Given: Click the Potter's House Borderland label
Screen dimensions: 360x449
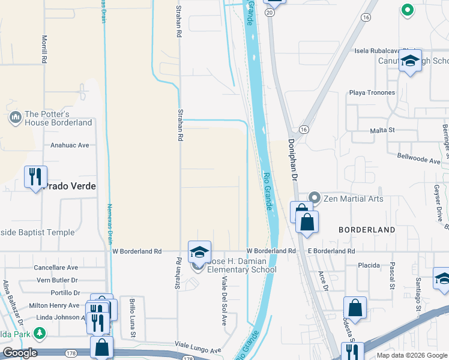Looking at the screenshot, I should (x=58, y=118).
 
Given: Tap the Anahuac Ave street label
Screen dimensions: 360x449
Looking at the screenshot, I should (x=70, y=145).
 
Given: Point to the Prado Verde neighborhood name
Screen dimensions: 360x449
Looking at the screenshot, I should (x=68, y=186).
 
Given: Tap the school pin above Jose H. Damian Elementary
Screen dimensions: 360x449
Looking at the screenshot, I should (x=199, y=252).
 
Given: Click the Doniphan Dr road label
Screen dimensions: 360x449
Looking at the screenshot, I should (x=292, y=160).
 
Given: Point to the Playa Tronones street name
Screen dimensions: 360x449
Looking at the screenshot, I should (x=372, y=92).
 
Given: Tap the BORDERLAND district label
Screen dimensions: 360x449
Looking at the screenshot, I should (x=366, y=230).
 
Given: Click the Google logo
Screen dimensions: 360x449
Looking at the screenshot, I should (x=19, y=353).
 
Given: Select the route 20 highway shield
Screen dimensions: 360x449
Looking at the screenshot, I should (x=270, y=12).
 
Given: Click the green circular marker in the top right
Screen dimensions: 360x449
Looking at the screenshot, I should (x=407, y=10).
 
